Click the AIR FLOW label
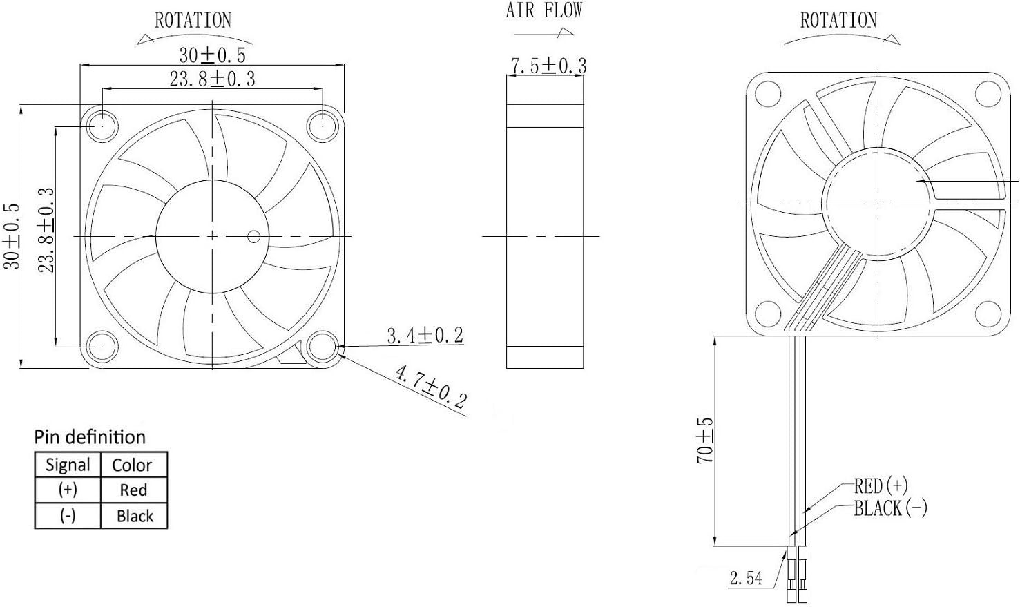(543, 10)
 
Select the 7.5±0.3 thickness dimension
(548, 66)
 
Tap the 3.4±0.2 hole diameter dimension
(425, 336)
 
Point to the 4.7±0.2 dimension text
(430, 386)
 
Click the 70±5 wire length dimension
(705, 441)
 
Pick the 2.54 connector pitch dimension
(746, 577)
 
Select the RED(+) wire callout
(881, 485)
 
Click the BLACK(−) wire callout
(890, 509)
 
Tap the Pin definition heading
(90, 437)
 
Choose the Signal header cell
(68, 465)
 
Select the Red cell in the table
(133, 490)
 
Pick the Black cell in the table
(135, 516)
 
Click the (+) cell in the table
(68, 490)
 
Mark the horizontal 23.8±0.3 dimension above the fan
(212, 79)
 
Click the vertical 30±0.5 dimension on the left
(12, 235)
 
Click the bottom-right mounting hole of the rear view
(985, 314)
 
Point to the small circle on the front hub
(254, 237)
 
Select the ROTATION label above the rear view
(838, 20)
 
